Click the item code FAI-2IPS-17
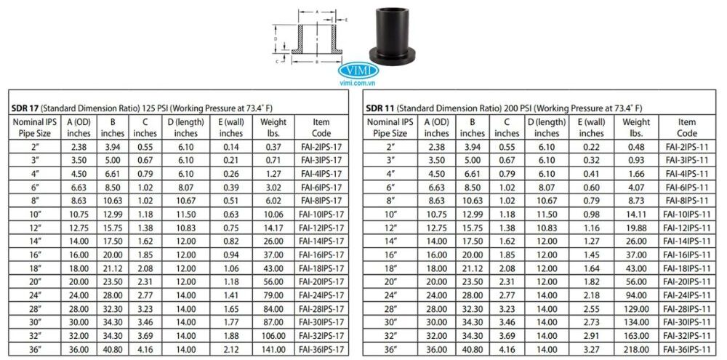pyautogui.click(x=321, y=146)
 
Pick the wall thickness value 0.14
pyautogui.click(x=231, y=146)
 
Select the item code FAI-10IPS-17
pyautogui.click(x=321, y=213)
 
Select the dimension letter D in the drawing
pyautogui.click(x=276, y=36)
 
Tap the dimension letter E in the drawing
pyautogui.click(x=348, y=20)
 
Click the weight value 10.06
pyautogui.click(x=273, y=213)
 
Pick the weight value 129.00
pyautogui.click(x=637, y=308)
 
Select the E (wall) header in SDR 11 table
pyautogui.click(x=591, y=127)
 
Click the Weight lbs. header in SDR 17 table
pyautogui.click(x=273, y=127)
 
